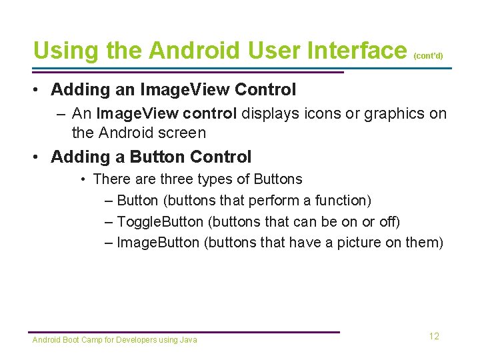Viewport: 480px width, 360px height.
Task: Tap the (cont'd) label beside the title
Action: tap(428, 56)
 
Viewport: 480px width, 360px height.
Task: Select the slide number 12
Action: tap(434, 337)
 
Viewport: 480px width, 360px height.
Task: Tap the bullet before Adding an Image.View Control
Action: tap(39, 89)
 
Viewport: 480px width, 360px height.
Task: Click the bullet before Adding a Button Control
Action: tap(39, 157)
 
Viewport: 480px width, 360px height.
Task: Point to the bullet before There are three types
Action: tap(83, 179)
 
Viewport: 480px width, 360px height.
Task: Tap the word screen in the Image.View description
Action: tap(184, 133)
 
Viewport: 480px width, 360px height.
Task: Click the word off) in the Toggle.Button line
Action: tap(389, 221)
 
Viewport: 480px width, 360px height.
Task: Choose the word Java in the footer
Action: tap(189, 340)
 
